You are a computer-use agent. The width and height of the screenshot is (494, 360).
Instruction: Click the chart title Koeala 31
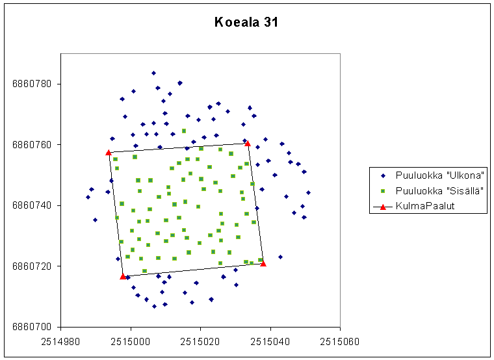click(246, 22)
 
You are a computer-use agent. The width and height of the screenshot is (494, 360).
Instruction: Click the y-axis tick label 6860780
click(31, 84)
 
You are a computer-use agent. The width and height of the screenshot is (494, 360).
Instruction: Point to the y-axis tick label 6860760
click(31, 145)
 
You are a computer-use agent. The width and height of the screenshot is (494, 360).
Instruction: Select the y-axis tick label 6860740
click(31, 205)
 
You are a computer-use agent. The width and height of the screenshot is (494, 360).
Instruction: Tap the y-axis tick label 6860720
click(31, 266)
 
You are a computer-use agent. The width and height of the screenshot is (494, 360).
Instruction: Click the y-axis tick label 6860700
click(31, 327)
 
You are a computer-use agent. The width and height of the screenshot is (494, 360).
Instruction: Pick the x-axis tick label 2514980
click(60, 341)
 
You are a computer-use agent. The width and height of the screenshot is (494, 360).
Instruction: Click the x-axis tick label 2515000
click(131, 341)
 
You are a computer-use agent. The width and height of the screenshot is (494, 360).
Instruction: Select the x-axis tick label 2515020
click(200, 341)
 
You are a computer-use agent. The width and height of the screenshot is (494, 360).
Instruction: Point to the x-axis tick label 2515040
click(270, 341)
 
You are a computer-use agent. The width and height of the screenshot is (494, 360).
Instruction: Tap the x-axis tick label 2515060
click(340, 341)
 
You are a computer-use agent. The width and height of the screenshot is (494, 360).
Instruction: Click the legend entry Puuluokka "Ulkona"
click(432, 175)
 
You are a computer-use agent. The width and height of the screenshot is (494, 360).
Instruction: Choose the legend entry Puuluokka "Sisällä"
click(432, 191)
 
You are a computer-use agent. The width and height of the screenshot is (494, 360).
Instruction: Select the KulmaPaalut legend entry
click(414, 206)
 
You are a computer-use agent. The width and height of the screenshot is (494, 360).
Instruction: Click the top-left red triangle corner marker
click(109, 153)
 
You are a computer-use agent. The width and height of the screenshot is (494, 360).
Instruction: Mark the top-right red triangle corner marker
click(248, 144)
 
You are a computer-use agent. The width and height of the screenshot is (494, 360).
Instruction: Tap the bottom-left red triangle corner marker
click(123, 277)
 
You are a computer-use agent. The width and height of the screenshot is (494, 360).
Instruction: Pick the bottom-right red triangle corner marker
click(263, 264)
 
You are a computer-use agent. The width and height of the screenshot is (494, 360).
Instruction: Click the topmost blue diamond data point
click(154, 73)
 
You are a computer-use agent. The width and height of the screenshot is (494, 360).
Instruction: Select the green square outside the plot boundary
click(184, 131)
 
